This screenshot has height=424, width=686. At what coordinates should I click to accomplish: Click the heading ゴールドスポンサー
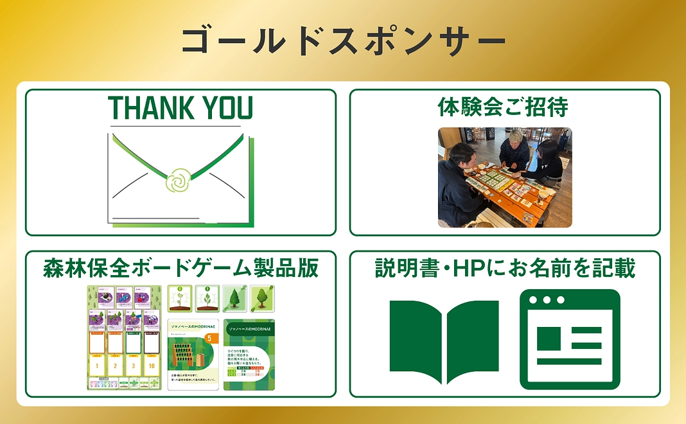tap(343, 41)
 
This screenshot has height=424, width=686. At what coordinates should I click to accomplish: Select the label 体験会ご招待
tap(504, 107)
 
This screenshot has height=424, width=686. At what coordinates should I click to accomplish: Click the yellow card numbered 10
tap(152, 365)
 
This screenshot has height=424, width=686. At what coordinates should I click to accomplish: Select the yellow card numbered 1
tap(97, 365)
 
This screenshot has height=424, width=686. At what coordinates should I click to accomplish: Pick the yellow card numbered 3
tap(134, 365)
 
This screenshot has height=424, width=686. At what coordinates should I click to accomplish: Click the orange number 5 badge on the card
tap(207, 337)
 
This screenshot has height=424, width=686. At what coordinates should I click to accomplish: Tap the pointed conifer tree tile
tap(234, 297)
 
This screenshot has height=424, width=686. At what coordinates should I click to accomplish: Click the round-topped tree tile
tap(261, 297)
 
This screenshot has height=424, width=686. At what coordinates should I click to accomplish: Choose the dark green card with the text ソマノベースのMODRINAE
tap(249, 355)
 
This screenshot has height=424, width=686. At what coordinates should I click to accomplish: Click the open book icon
tap(444, 340)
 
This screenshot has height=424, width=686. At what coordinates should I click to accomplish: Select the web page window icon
tap(569, 339)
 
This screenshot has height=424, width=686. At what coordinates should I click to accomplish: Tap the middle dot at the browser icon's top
tap(547, 300)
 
